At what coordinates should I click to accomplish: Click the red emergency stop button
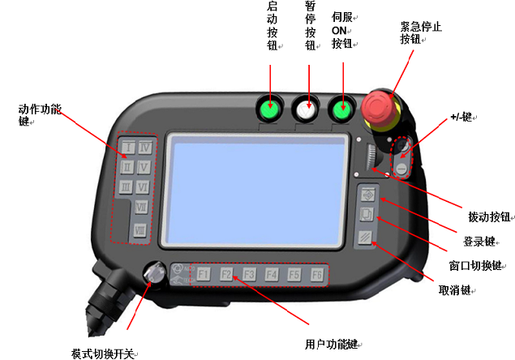[x=379, y=107]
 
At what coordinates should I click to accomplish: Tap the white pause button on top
[x=307, y=109]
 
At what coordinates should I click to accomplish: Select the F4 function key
[x=272, y=274]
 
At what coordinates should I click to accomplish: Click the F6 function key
[x=317, y=274]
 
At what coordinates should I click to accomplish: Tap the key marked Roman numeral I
[x=128, y=147]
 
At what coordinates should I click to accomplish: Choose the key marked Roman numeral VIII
[x=140, y=230]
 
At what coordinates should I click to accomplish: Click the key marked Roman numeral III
[x=126, y=187]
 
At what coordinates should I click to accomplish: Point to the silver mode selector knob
[x=154, y=272]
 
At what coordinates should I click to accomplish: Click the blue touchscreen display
[x=254, y=191]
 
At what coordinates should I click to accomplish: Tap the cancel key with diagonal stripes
[x=365, y=237]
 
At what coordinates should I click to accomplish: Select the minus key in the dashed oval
[x=401, y=169]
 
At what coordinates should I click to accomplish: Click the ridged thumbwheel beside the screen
[x=371, y=156]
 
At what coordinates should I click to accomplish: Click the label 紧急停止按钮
[x=421, y=33]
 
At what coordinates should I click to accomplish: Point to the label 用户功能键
[x=332, y=345]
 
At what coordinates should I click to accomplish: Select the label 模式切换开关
[x=103, y=354]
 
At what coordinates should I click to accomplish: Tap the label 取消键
[x=455, y=290]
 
